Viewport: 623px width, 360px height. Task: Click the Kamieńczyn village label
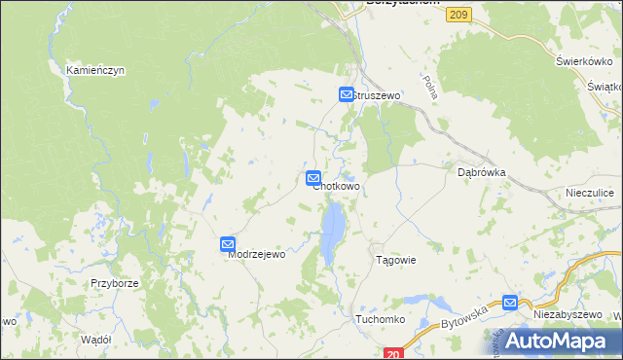click(95, 71)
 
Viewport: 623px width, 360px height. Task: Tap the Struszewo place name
click(377, 95)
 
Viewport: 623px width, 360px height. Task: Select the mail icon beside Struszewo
click(347, 94)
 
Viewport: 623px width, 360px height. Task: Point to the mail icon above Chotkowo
click(313, 178)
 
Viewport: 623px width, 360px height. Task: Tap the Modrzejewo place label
click(256, 254)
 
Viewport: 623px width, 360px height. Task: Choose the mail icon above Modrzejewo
click(228, 245)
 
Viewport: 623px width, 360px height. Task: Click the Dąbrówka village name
click(482, 171)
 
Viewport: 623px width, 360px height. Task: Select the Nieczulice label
click(590, 194)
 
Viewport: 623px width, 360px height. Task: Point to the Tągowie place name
click(396, 260)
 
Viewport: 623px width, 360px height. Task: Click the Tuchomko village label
click(380, 319)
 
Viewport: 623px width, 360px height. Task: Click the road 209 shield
click(460, 13)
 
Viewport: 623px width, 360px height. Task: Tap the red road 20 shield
click(393, 354)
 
